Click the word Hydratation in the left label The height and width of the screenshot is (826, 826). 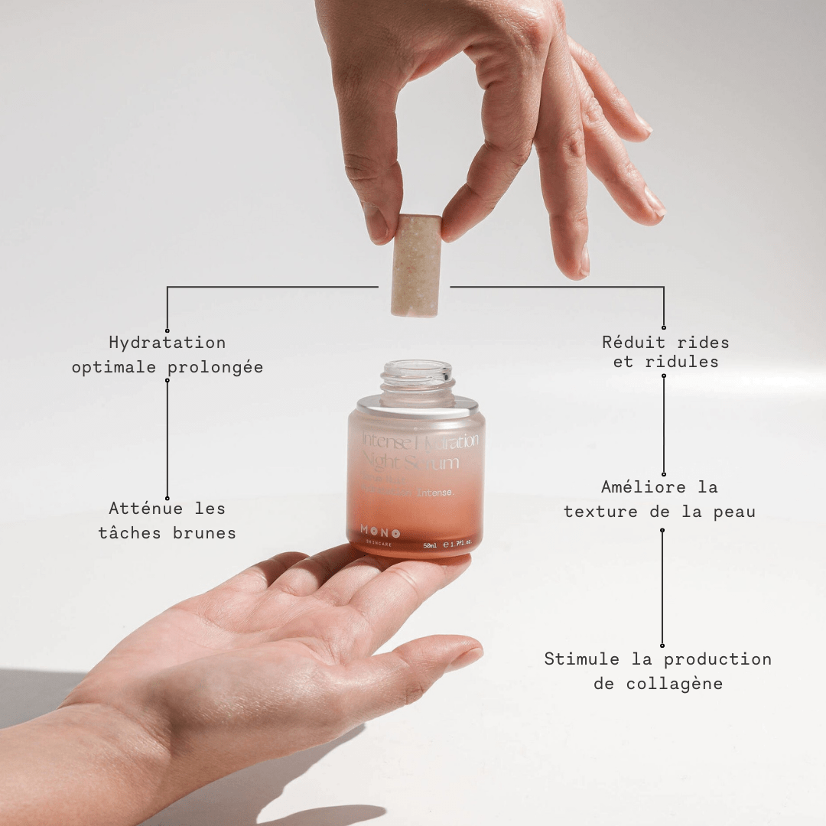click(x=167, y=343)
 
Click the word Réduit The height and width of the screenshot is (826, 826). click(x=633, y=343)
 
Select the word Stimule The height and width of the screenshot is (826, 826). click(x=581, y=659)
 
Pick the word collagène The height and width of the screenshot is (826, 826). click(x=674, y=684)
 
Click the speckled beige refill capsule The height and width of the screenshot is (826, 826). click(x=416, y=265)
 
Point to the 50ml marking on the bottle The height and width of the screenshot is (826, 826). click(x=431, y=545)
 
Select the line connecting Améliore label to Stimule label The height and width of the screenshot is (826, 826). click(x=662, y=587)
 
